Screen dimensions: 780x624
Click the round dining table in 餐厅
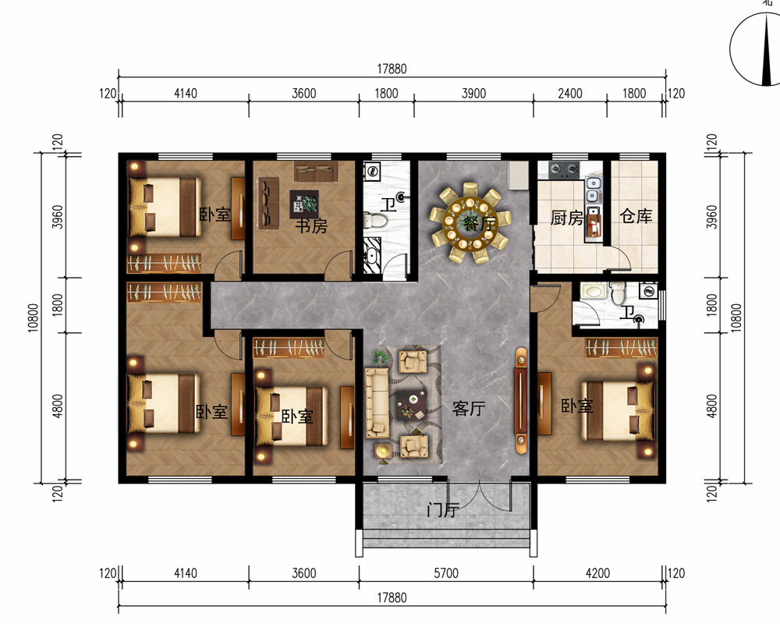pyautogui.click(x=470, y=223)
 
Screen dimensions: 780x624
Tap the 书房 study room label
pyautogui.click(x=311, y=226)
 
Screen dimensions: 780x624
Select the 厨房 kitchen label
pyautogui.click(x=566, y=218)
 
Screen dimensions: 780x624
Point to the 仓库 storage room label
pyautogui.click(x=636, y=216)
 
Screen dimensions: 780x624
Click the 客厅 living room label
pyautogui.click(x=469, y=408)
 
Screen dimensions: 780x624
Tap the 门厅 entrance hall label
pyautogui.click(x=443, y=509)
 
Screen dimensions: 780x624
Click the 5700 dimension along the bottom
pyautogui.click(x=446, y=573)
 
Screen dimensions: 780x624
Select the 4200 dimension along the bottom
pyautogui.click(x=597, y=573)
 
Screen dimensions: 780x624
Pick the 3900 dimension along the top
pyautogui.click(x=473, y=94)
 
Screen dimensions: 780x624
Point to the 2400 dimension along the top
pyautogui.click(x=570, y=94)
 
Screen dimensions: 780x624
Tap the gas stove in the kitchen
pyautogui.click(x=565, y=170)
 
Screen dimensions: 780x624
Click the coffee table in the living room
pyautogui.click(x=411, y=403)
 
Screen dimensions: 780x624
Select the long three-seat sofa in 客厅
pyautogui.click(x=377, y=403)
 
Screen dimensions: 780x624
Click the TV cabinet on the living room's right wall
pyautogui.click(x=521, y=401)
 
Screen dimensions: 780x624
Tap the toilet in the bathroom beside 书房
pyautogui.click(x=375, y=220)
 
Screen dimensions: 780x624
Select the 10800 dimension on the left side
pyautogui.click(x=33, y=317)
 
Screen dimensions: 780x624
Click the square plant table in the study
pyautogui.click(x=304, y=204)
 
